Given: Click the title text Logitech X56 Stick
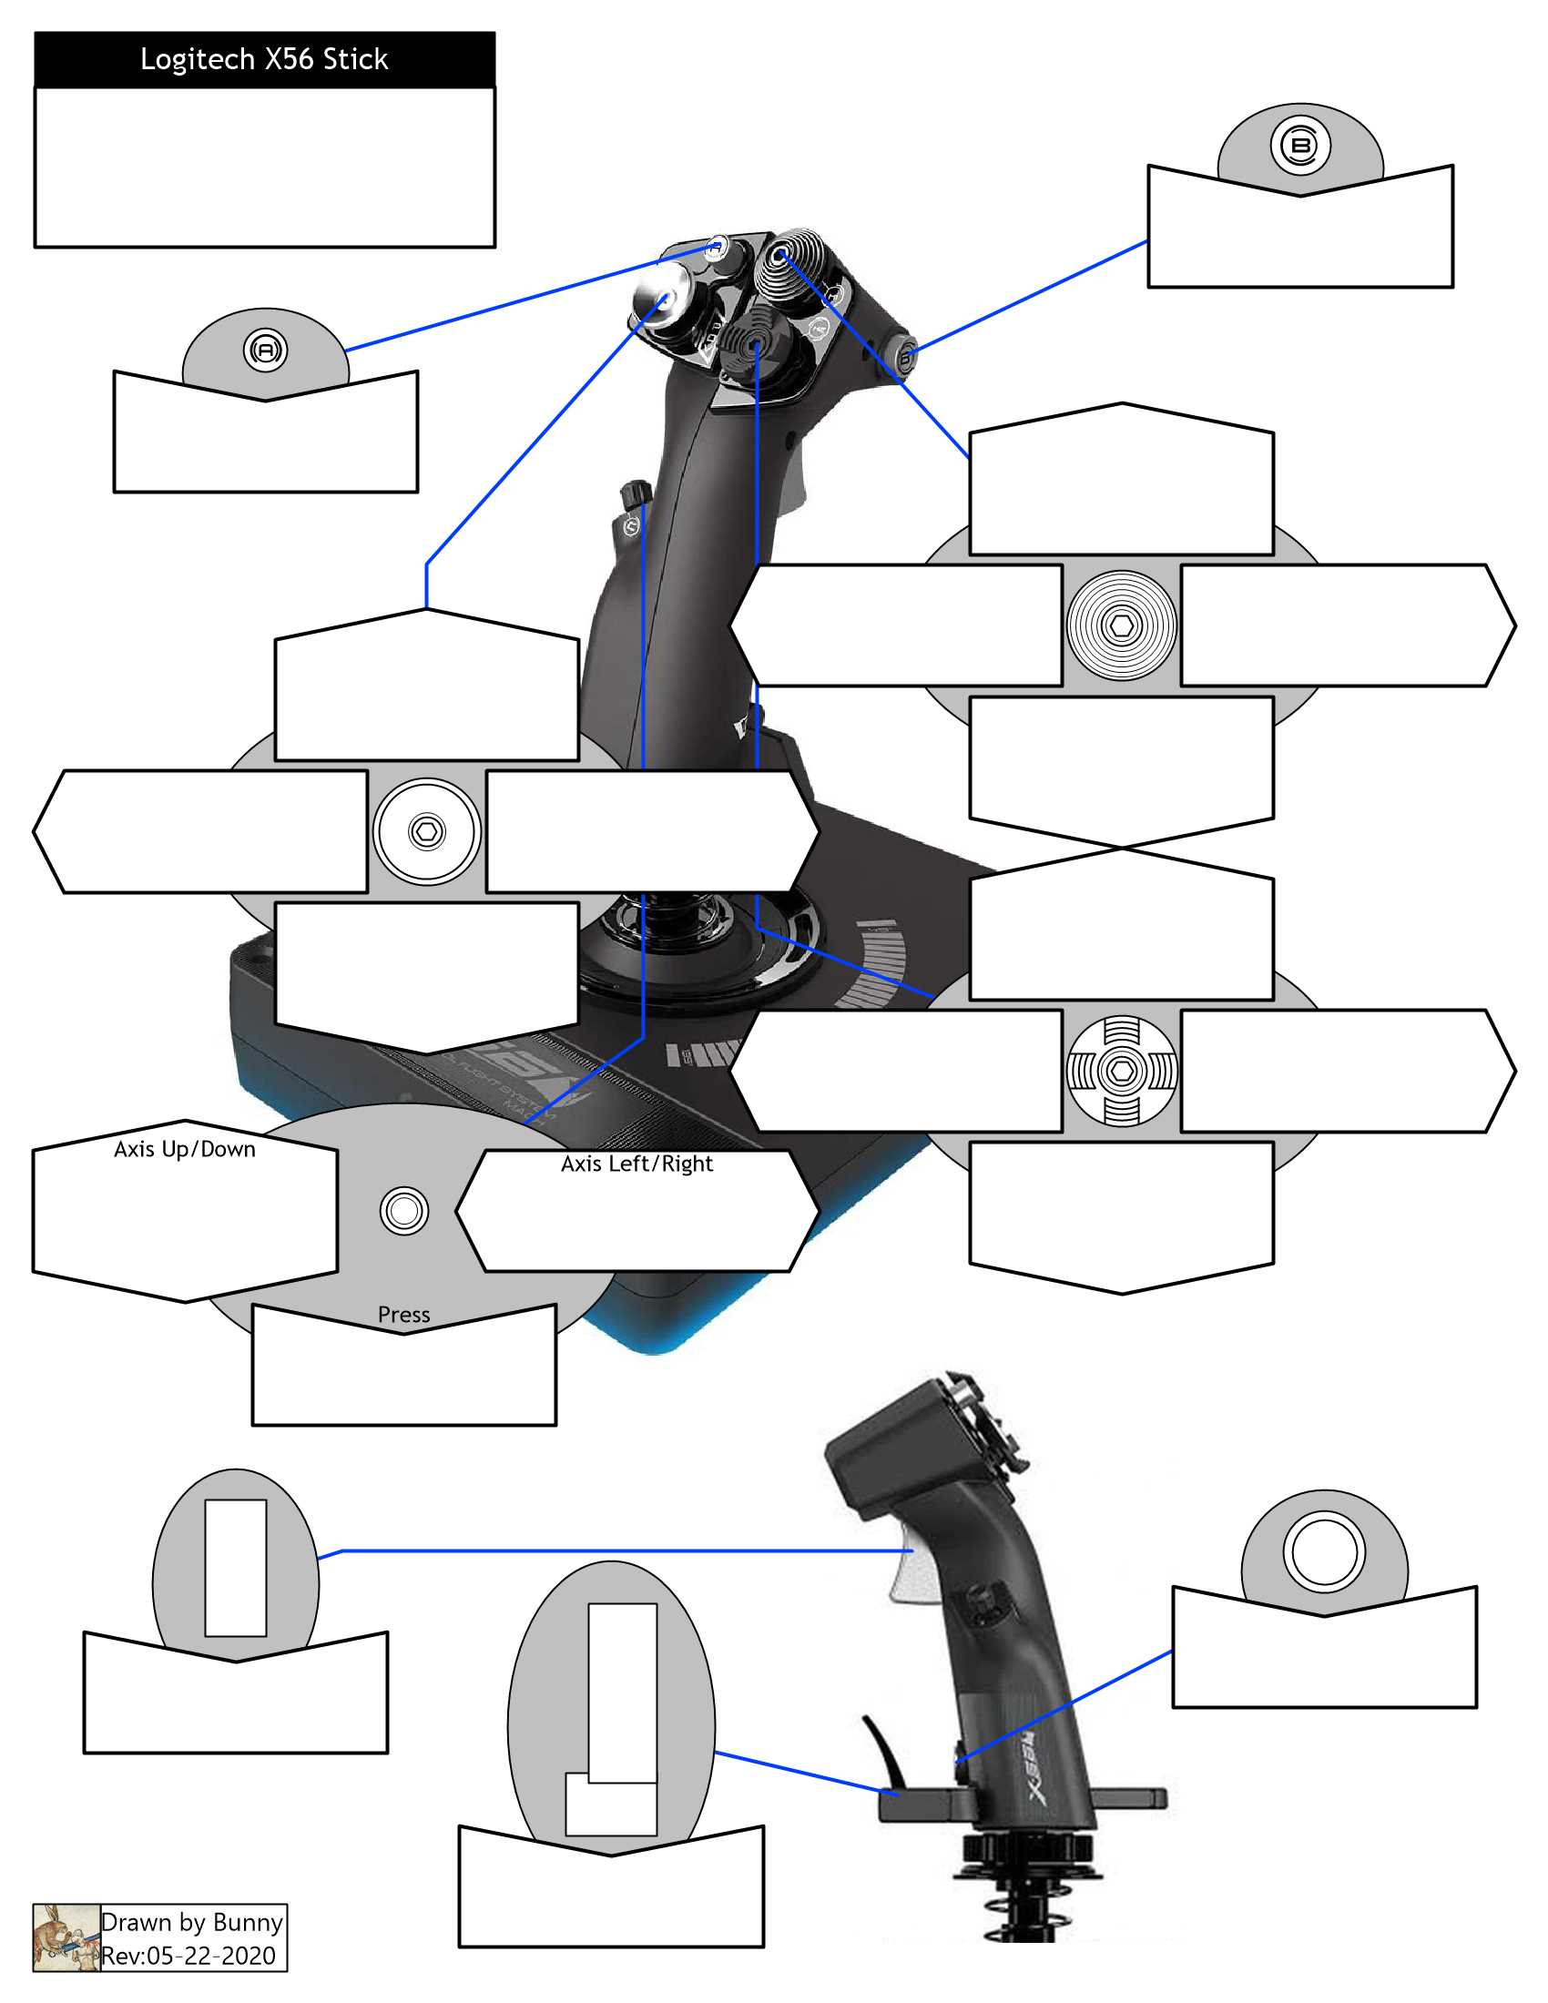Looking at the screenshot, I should pyautogui.click(x=264, y=59).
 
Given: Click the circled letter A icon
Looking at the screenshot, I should pyautogui.click(x=265, y=351).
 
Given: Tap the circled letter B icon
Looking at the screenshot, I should pyautogui.click(x=1299, y=146).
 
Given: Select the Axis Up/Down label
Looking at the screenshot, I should pyautogui.click(x=184, y=1149).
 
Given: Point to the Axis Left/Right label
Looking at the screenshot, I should pyautogui.click(x=637, y=1164).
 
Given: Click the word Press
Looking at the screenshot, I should pyautogui.click(x=403, y=1314).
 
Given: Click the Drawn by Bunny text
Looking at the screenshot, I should pyautogui.click(x=191, y=1921).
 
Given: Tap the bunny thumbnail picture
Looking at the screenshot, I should pyautogui.click(x=66, y=1937).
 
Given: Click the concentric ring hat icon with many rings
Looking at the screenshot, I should pyautogui.click(x=1121, y=625).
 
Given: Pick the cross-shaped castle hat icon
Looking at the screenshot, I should pyautogui.click(x=1121, y=1071).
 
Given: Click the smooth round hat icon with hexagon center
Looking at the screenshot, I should pyautogui.click(x=426, y=832).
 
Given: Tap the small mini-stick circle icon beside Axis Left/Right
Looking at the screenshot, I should pyautogui.click(x=403, y=1211).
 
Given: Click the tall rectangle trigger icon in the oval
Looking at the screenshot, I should pyautogui.click(x=236, y=1568).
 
